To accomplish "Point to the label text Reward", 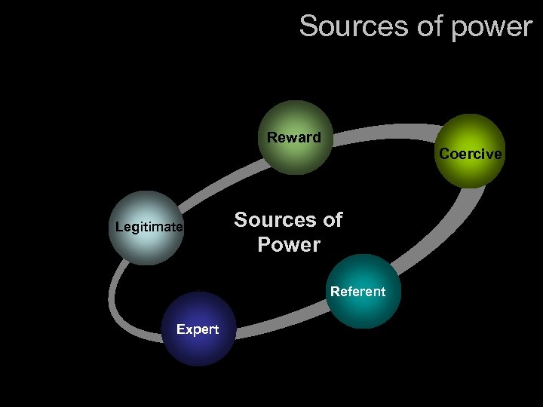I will click(x=293, y=137).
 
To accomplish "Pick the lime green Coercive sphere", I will click(x=470, y=151).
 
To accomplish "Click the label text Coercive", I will click(x=470, y=154).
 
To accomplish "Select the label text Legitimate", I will click(x=149, y=227).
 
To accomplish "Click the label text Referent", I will click(x=357, y=292).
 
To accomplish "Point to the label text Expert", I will click(x=197, y=329).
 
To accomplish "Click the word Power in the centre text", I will click(x=288, y=245).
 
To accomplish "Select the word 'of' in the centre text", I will click(x=332, y=220).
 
